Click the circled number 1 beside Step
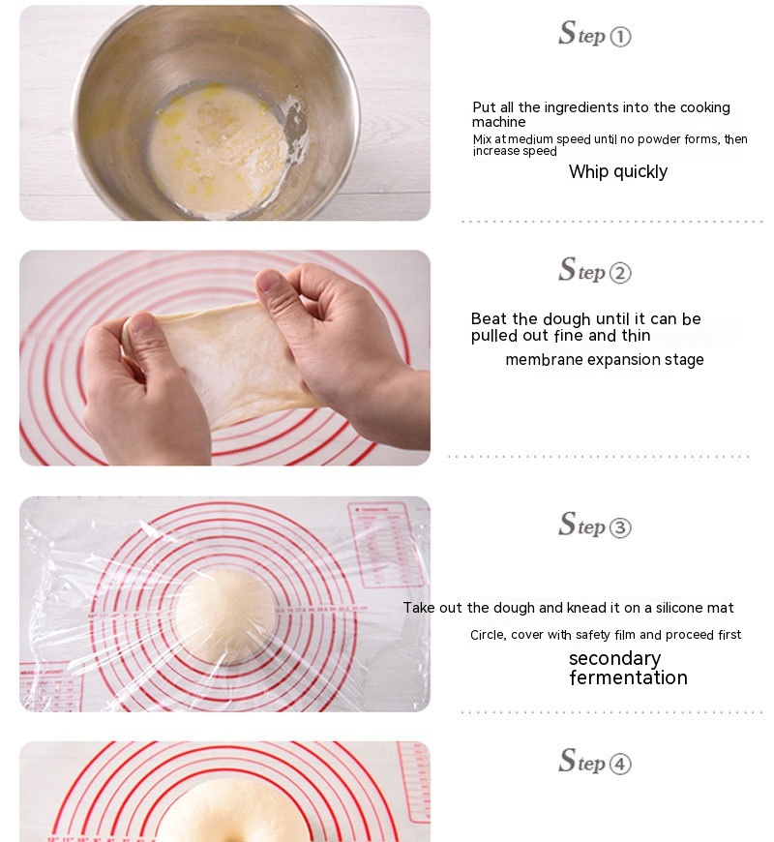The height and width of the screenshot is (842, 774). pyautogui.click(x=620, y=37)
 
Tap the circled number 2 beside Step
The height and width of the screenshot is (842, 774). pyautogui.click(x=620, y=273)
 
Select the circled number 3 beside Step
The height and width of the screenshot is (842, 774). pyautogui.click(x=620, y=527)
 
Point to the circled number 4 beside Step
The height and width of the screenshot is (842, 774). pyautogui.click(x=620, y=764)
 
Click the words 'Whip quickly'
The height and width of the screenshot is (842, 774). pyautogui.click(x=618, y=172)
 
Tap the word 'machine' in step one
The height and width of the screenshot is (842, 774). pyautogui.click(x=498, y=122)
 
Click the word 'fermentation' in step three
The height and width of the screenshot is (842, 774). pyautogui.click(x=629, y=677)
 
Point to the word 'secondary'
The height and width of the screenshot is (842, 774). pyautogui.click(x=615, y=659)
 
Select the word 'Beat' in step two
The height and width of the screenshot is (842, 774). pyautogui.click(x=489, y=319)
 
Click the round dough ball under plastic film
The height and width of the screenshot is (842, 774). pyautogui.click(x=226, y=616)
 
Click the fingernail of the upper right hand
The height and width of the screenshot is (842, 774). pyautogui.click(x=270, y=281)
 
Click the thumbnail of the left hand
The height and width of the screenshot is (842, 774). pyautogui.click(x=141, y=321)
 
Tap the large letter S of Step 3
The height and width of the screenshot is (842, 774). pyautogui.click(x=567, y=525)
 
